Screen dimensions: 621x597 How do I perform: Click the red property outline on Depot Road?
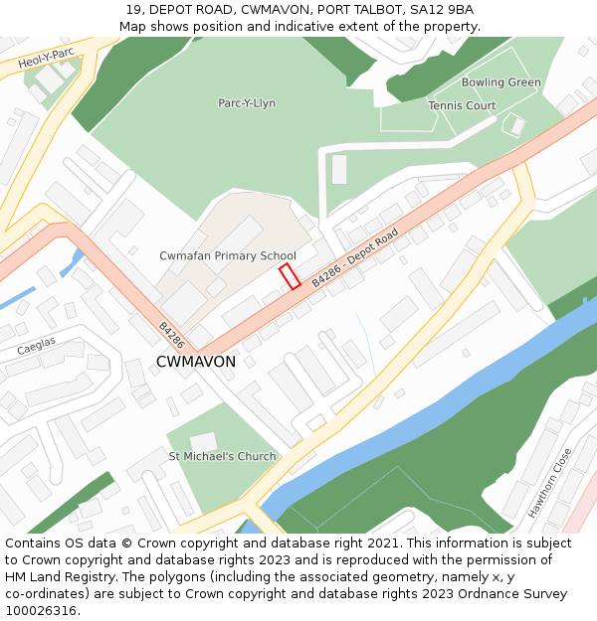(x=290, y=276)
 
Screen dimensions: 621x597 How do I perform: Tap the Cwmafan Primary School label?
(x=228, y=256)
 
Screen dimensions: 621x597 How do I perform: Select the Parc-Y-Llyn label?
(x=247, y=103)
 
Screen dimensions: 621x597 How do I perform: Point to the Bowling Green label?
(x=500, y=82)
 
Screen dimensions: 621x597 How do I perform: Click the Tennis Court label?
(x=462, y=105)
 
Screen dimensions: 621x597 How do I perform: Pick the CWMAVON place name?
(x=196, y=362)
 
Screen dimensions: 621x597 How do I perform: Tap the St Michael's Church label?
(x=222, y=457)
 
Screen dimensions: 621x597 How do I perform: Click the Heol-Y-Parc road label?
(x=47, y=59)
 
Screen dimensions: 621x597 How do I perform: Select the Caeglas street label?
(x=36, y=346)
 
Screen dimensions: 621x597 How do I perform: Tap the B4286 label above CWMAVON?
(x=171, y=335)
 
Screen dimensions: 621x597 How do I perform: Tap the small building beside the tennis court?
(x=514, y=126)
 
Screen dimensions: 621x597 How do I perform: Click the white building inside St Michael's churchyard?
(x=204, y=441)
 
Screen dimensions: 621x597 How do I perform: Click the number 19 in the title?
(x=133, y=10)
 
